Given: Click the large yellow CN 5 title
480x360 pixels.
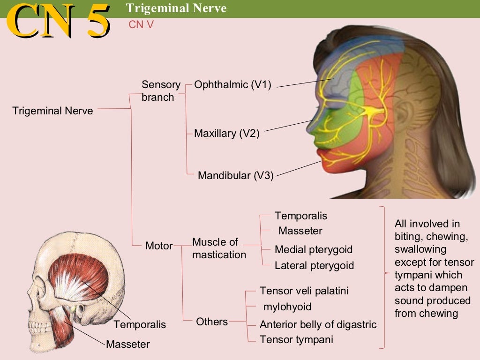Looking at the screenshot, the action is click(x=59, y=21).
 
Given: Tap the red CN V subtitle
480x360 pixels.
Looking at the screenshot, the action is click(x=141, y=25).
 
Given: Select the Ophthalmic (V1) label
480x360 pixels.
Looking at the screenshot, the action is click(x=232, y=85).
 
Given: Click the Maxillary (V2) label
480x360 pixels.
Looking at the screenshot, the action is click(x=226, y=134).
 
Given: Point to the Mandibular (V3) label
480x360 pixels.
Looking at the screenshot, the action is click(x=235, y=176).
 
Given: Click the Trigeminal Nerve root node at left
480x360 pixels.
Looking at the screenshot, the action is click(x=52, y=111).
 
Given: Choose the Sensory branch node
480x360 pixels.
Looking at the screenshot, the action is click(x=161, y=91).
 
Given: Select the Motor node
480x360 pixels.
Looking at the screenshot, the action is click(x=159, y=246).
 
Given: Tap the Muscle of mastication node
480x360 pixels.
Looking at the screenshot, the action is click(x=219, y=248).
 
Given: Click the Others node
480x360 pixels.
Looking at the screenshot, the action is click(x=212, y=322).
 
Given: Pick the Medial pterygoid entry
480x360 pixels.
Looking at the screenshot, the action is click(x=313, y=250).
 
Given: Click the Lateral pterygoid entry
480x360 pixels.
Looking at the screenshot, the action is click(x=314, y=266).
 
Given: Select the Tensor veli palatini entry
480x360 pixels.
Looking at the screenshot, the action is click(x=304, y=291).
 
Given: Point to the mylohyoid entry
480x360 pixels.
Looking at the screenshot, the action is click(x=287, y=307).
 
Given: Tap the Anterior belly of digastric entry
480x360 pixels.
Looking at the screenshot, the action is click(x=318, y=324).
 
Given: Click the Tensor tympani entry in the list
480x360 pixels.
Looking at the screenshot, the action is click(x=296, y=340).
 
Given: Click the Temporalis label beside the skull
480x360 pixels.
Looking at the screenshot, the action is click(x=140, y=324).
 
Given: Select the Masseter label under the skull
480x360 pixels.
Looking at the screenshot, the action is click(x=128, y=345).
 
